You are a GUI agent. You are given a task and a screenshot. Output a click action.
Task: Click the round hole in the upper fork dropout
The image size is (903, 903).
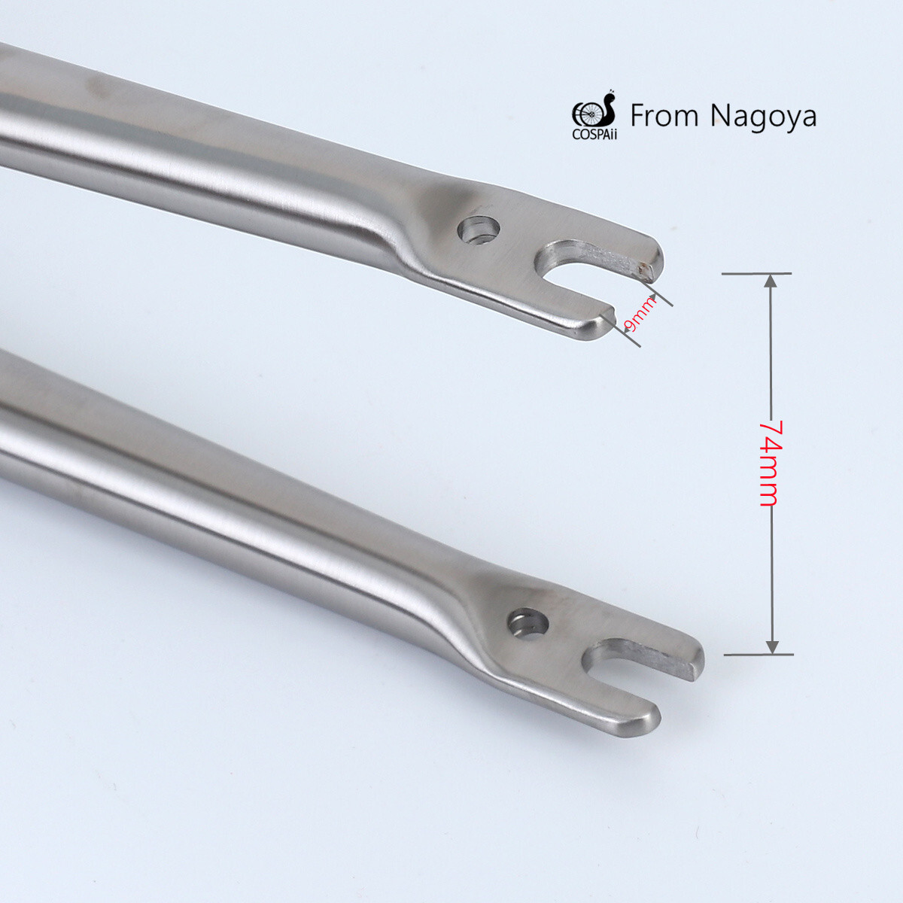pos(479,230)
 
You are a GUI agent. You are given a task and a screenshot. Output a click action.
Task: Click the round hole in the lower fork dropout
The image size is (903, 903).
pos(528,625)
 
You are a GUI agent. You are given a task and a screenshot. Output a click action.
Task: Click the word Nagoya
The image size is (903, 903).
pos(763,117)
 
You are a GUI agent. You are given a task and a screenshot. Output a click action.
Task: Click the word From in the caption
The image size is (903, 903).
pos(664,116)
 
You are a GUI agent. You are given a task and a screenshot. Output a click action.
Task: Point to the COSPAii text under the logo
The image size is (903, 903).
pos(594,135)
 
